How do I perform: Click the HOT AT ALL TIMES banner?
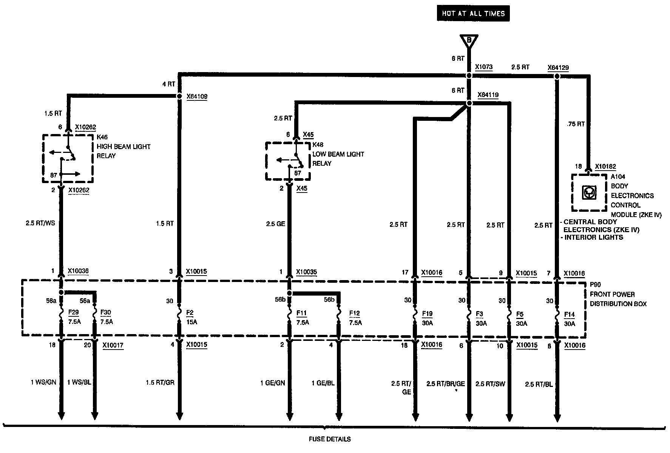click(x=473, y=14)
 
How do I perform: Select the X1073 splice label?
click(x=483, y=67)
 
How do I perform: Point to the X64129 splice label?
click(x=558, y=68)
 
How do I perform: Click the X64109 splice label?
click(x=197, y=96)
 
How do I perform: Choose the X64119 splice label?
click(x=488, y=95)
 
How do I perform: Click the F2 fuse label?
click(x=190, y=313)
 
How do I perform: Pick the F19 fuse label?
click(x=427, y=314)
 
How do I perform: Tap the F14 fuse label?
click(x=569, y=314)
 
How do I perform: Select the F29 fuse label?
click(x=73, y=313)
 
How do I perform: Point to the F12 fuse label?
click(x=354, y=313)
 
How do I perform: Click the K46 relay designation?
click(x=102, y=137)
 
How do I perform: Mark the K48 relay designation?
click(x=318, y=145)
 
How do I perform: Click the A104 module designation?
click(x=618, y=176)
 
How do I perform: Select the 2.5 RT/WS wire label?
click(x=40, y=223)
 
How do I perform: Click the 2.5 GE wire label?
click(x=275, y=224)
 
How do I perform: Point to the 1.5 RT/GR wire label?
click(x=160, y=383)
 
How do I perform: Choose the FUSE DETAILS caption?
click(x=329, y=439)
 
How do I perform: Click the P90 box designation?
click(x=595, y=285)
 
